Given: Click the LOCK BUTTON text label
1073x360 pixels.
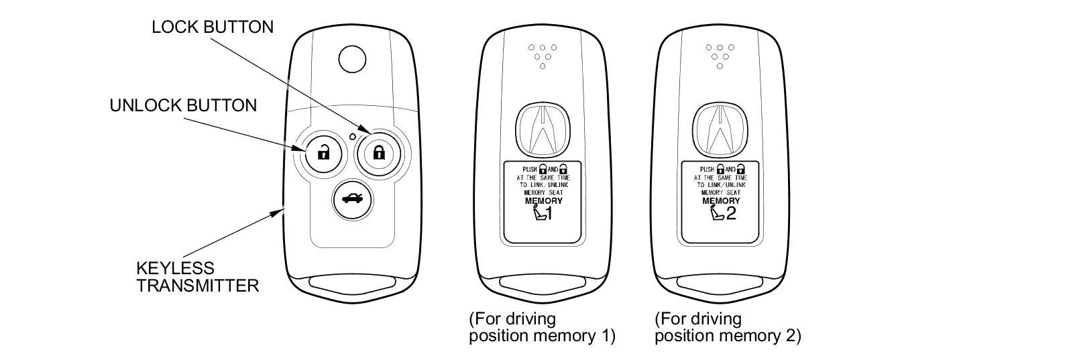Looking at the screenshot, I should point(213,27).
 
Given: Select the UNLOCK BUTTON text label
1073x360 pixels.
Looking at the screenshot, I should point(183,105).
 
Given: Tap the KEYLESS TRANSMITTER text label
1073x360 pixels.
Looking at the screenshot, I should point(197,276).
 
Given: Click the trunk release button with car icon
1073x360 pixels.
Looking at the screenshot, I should point(351,198).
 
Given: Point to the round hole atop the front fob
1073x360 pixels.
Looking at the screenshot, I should point(352,60).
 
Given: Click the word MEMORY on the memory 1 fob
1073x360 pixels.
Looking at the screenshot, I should point(543,200).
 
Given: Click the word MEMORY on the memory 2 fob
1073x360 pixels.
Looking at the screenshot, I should point(721,200).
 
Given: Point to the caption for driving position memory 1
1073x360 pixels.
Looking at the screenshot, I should point(542,326).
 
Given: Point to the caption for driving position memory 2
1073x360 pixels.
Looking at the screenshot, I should point(728,326).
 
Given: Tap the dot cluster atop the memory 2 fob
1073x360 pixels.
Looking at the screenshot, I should point(720,56).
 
